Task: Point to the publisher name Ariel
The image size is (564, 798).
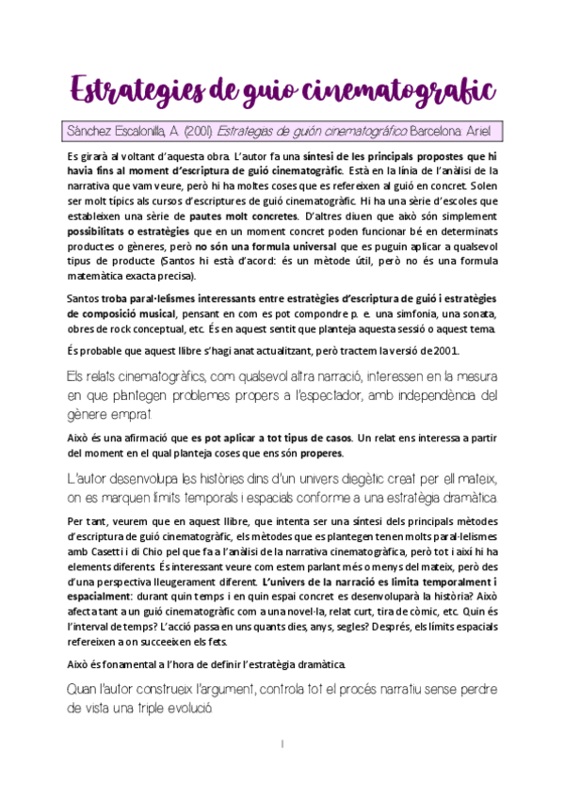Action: click(484, 130)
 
